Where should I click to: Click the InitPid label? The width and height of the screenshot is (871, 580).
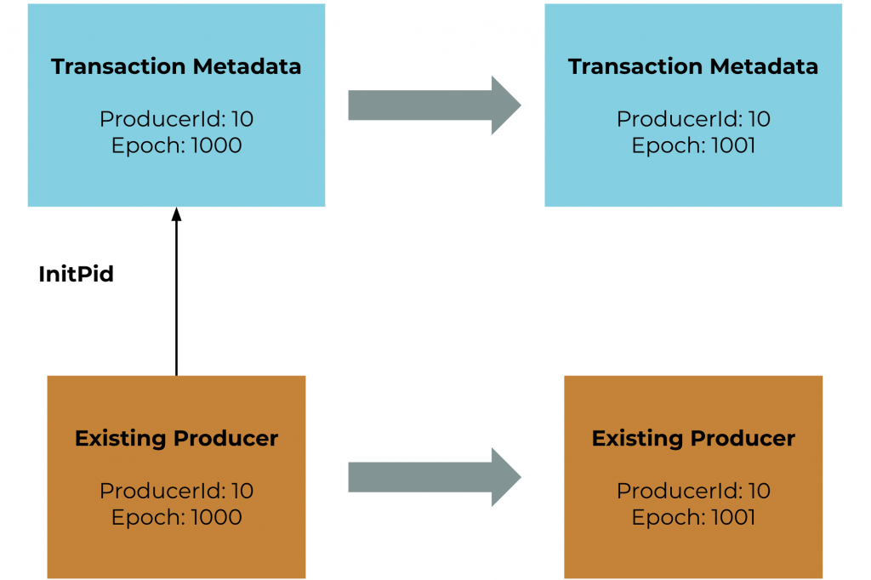coord(76,274)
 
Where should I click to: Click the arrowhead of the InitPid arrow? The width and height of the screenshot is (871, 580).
coord(177,214)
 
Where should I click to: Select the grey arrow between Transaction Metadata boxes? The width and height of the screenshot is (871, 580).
coord(435,105)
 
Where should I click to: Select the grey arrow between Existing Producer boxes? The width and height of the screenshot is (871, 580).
coord(435,477)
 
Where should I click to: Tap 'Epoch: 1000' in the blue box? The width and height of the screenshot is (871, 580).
coord(177,145)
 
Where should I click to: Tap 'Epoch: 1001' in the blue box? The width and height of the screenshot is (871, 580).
coord(693,145)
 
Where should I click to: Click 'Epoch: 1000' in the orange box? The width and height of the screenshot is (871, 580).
coord(177,518)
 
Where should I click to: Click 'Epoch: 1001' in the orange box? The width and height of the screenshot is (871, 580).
coord(693,518)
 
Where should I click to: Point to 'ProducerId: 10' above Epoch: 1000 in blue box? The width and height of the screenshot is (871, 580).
coord(177,119)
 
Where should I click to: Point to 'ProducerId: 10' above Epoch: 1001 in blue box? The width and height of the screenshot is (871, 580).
coord(693,119)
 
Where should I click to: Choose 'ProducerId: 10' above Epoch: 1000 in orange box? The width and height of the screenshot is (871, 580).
coord(177,491)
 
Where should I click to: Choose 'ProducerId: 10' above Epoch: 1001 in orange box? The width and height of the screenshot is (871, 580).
coord(693,491)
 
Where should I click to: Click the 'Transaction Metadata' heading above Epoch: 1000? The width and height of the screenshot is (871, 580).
coord(176,66)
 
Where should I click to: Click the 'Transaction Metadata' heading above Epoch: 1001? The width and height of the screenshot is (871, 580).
coord(693,66)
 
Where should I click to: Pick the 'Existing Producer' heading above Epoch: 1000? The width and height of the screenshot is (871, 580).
coord(177,439)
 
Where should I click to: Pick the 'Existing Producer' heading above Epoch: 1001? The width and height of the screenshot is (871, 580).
coord(693,439)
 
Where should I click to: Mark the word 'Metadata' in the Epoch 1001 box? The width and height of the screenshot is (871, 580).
coord(764,66)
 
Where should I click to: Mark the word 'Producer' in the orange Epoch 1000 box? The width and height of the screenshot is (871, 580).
coord(225,439)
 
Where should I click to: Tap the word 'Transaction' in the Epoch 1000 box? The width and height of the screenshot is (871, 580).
coord(118,66)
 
